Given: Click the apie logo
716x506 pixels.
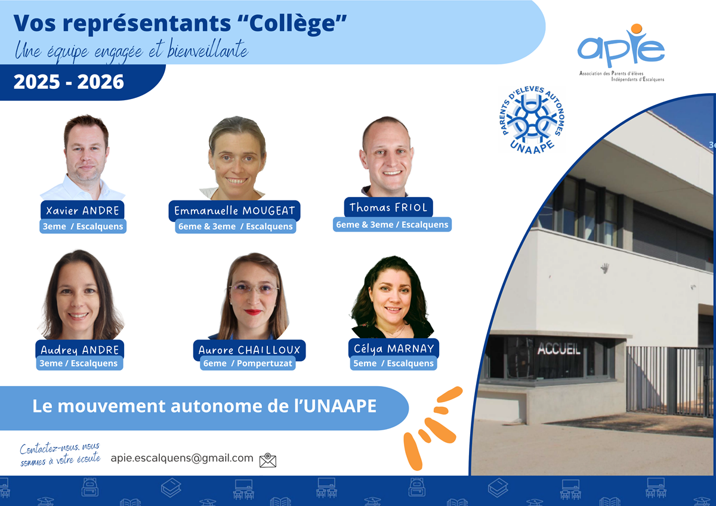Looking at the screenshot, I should [x=621, y=48].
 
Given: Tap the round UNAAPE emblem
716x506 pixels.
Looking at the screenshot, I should [x=532, y=120].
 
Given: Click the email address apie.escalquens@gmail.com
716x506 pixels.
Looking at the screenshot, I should [x=182, y=458].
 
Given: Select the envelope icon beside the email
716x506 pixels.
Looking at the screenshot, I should [x=268, y=460].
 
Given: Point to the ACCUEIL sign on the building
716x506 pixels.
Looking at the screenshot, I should [x=558, y=350].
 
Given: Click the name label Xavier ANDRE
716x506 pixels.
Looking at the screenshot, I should [x=83, y=210].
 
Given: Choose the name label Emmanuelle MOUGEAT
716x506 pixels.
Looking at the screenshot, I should [x=234, y=211].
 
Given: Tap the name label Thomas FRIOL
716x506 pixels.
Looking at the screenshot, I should [x=388, y=207].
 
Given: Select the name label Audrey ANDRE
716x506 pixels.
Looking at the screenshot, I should [x=80, y=350].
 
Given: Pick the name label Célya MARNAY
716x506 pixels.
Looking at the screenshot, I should [x=393, y=348].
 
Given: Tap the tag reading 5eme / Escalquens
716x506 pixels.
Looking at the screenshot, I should [x=393, y=363].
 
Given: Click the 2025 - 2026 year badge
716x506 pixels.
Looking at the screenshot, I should [x=69, y=82].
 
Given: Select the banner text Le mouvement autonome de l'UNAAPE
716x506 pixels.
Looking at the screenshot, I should [x=204, y=406].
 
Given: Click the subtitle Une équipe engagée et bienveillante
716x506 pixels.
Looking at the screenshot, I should [x=131, y=51].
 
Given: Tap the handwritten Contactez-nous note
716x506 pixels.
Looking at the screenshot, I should [x=60, y=454].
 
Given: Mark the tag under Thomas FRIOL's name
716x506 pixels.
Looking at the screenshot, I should [x=392, y=224].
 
